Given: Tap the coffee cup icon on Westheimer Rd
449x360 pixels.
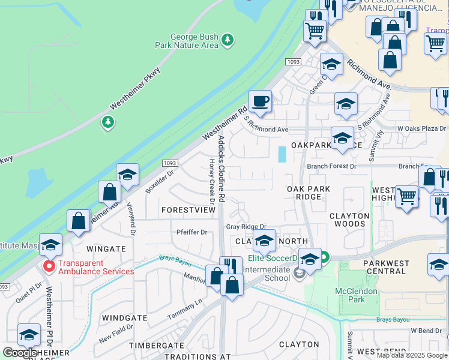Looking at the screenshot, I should click(260, 101).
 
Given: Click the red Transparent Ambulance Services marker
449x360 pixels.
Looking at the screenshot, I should click(48, 266).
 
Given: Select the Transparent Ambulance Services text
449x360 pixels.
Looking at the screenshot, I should click(96, 267).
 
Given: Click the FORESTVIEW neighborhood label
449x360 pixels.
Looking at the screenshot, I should click(188, 211).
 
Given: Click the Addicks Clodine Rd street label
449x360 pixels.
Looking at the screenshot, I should click(221, 168).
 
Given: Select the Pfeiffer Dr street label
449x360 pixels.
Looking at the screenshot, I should click(191, 232).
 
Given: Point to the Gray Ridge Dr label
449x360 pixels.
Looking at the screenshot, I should click(246, 227).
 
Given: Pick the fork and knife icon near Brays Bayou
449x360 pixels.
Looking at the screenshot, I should click(231, 268).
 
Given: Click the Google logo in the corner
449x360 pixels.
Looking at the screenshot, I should click(20, 352).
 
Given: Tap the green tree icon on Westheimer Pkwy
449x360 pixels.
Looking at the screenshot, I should click(107, 123).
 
